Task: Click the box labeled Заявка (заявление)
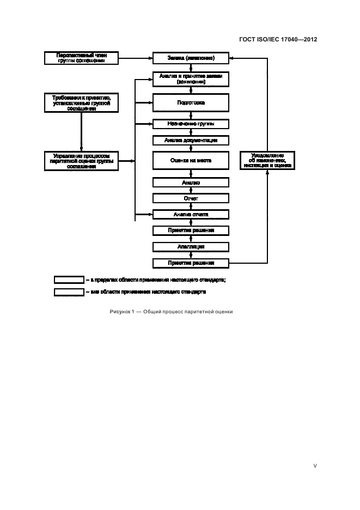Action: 191,57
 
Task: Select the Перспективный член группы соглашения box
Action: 81,57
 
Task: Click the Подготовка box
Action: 191,102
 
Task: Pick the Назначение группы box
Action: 191,124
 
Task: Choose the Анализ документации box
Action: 191,141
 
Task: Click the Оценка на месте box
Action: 191,161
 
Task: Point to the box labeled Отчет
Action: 191,198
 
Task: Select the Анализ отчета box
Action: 191,214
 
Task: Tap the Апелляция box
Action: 191,246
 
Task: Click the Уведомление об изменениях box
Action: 266,161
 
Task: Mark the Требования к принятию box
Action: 81,102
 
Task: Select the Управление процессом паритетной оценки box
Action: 81,161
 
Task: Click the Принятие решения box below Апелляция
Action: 191,263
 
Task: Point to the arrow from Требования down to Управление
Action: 81,131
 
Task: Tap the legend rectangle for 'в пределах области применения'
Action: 68,280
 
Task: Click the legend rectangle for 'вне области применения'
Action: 68,292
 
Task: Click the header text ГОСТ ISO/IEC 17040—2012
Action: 278,39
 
